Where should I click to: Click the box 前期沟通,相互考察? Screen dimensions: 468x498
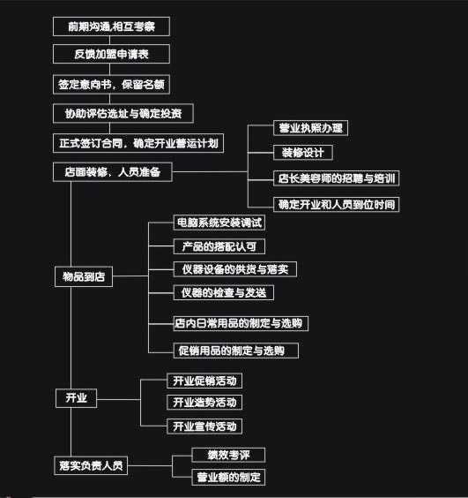point(111,26)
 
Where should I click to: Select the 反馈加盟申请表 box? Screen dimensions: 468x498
point(111,54)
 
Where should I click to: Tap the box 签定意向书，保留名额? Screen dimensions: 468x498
point(111,85)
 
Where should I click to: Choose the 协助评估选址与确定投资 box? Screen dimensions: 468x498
point(123,113)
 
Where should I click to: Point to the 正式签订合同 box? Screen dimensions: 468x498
point(138,143)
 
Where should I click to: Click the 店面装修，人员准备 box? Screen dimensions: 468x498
point(113,172)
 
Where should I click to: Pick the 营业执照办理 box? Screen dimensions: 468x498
point(311,128)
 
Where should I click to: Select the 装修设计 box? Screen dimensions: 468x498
point(303,153)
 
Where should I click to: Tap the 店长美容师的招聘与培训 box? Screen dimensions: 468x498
point(336,178)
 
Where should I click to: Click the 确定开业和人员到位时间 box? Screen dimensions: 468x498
point(336,204)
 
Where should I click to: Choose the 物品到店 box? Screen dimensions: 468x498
point(84,276)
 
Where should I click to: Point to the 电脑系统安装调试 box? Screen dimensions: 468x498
point(219,223)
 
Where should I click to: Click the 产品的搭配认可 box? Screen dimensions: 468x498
point(219,246)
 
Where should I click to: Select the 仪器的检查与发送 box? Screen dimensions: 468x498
point(224,292)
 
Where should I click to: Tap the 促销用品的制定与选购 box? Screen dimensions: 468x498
point(236,351)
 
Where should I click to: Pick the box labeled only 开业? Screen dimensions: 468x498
point(76,398)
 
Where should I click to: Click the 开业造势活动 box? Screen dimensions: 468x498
point(204,403)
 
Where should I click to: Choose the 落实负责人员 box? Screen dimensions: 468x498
point(91,465)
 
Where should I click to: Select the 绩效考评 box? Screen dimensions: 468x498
point(228,455)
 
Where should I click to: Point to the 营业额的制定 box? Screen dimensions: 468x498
point(228,477)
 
